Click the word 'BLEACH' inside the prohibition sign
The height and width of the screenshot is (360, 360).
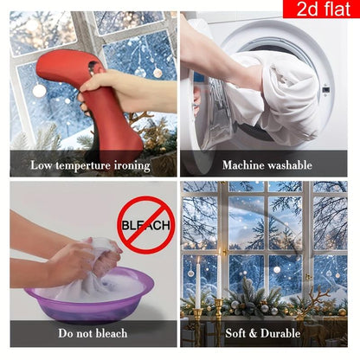click(x=145, y=225)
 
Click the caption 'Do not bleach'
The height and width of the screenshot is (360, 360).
click(x=93, y=333)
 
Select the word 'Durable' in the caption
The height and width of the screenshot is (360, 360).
click(x=280, y=333)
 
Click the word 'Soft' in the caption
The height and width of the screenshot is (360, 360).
click(x=236, y=333)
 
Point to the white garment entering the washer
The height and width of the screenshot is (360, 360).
click(x=277, y=95)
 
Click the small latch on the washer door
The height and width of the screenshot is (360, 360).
click(x=326, y=89)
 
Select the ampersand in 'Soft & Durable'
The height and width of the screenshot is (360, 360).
click(x=254, y=333)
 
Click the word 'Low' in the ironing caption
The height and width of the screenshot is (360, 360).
click(x=42, y=165)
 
